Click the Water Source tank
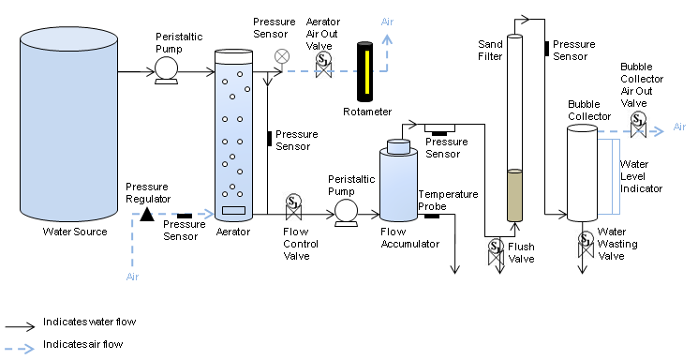coord(68,124)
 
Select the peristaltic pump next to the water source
coord(167,71)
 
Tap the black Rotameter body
coord(365,72)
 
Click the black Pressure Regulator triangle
coord(147,215)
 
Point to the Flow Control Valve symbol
coord(293,207)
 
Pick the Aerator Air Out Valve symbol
coord(323,65)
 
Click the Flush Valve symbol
coord(496,252)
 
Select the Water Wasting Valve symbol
coord(586,245)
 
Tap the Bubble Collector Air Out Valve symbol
coord(638,125)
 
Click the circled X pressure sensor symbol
coord(282,56)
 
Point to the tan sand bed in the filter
coord(514,195)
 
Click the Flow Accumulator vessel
coord(398,180)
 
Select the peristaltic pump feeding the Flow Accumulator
coord(346,213)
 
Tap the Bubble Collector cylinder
coord(582,172)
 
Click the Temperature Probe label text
coord(448,201)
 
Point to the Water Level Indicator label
coord(641,176)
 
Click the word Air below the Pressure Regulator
coord(132,277)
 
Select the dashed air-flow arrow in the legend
coord(20,348)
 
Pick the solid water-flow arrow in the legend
coord(20,326)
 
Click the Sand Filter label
coord(490,51)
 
